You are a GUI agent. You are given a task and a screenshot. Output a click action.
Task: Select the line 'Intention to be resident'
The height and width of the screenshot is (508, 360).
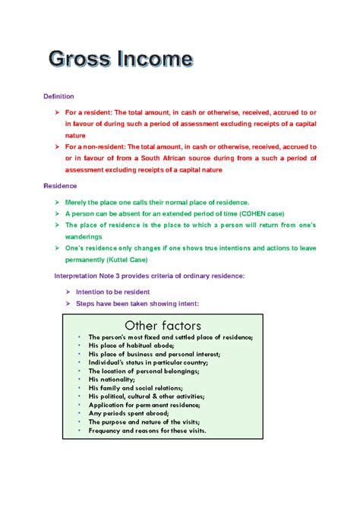[112, 292]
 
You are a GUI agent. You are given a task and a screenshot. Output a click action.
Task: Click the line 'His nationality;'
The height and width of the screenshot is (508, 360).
[114, 379]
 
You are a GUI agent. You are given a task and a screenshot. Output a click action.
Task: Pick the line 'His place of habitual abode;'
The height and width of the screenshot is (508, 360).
[136, 345]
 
